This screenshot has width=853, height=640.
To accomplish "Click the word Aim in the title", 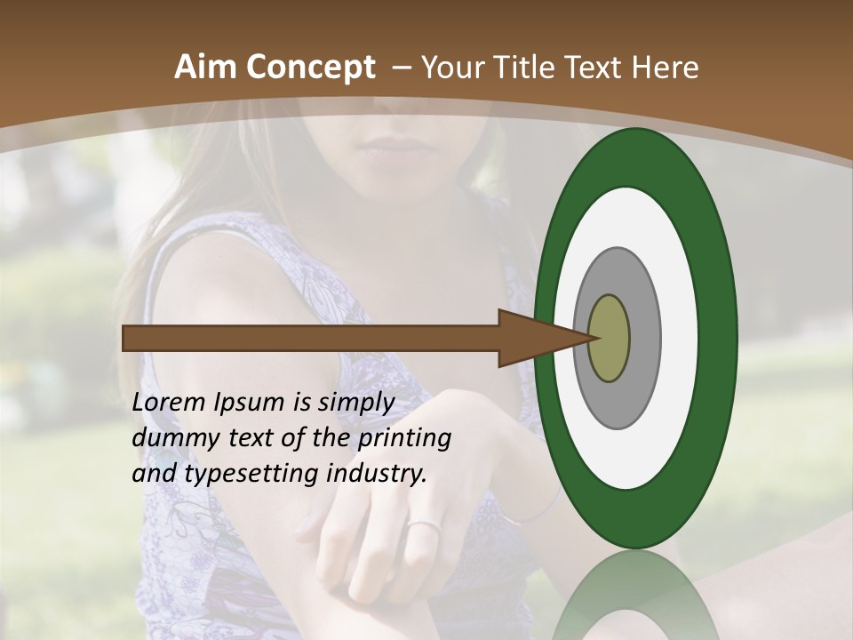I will click(205, 68).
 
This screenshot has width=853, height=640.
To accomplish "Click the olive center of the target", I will click(610, 338).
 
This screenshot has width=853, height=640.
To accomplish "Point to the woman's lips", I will click(391, 148).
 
